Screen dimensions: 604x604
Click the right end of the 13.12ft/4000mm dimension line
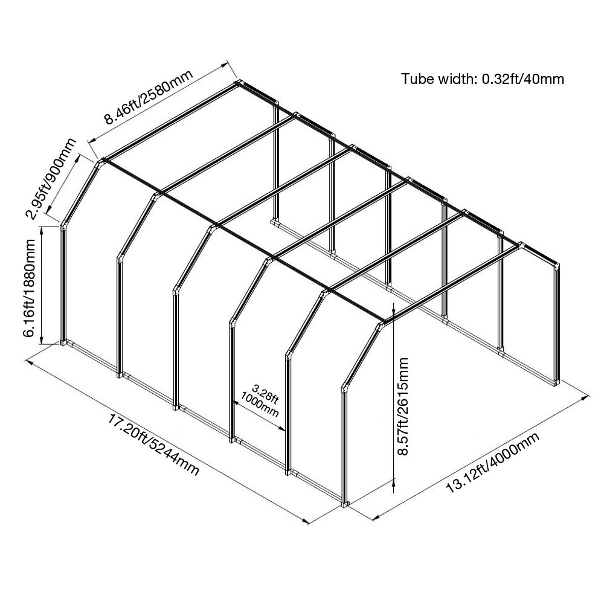(589, 396)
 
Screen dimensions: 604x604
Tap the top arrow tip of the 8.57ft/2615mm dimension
(393, 303)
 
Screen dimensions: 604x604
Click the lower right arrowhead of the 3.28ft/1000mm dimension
(284, 430)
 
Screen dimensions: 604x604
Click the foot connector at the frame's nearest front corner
(345, 503)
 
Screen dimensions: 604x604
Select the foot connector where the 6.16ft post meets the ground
(63, 342)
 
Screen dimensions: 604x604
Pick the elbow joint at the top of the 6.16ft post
(63, 225)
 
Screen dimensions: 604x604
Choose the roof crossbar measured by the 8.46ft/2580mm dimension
(172, 122)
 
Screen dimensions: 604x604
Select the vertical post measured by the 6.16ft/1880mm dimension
(63, 283)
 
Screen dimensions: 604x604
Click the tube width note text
(483, 79)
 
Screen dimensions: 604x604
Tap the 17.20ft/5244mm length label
(153, 445)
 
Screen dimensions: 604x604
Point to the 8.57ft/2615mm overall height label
(403, 406)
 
